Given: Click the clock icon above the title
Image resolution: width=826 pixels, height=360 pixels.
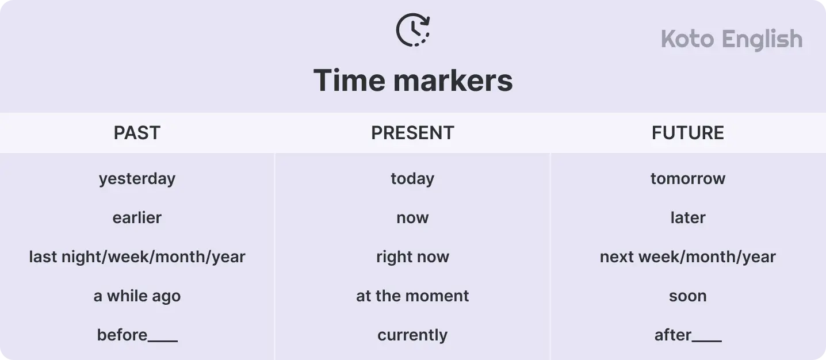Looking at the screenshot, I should tap(413, 30).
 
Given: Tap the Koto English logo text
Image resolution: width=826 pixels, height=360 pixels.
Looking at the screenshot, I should tap(731, 39).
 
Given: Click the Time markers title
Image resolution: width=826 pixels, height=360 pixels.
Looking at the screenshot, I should tap(413, 80).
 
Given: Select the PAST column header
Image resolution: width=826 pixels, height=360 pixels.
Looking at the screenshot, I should tap(137, 133).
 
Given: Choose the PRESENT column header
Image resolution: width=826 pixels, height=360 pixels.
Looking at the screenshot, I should tap(412, 133).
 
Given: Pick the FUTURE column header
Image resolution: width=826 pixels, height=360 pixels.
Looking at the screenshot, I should tap(687, 133).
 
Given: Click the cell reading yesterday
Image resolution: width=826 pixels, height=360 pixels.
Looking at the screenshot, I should tap(137, 179).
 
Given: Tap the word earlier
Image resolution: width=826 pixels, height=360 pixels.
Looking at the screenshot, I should tap(137, 218).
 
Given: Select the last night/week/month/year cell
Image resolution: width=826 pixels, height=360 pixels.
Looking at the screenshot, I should tap(137, 257).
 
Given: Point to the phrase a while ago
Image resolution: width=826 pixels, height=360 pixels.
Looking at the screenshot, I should tap(137, 296).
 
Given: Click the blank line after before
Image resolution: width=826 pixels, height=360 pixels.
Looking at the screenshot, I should tap(163, 340).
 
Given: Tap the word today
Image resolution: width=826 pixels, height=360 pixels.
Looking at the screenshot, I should tap(412, 179).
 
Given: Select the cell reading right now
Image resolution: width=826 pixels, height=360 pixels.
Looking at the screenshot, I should tap(412, 257).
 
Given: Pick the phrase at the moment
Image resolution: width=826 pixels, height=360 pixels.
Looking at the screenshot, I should tap(412, 296).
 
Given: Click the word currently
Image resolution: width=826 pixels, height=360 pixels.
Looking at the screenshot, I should tap(412, 335).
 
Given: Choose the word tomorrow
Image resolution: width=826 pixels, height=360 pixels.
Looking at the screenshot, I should tap(687, 179).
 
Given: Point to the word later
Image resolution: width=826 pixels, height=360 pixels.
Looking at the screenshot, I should tap(687, 218).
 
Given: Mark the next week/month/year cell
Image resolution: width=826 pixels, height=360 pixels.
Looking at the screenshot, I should tap(687, 257).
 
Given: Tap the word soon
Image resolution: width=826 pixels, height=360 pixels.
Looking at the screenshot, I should tap(687, 296).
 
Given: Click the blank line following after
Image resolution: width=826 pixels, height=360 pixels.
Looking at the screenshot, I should tap(707, 340).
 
